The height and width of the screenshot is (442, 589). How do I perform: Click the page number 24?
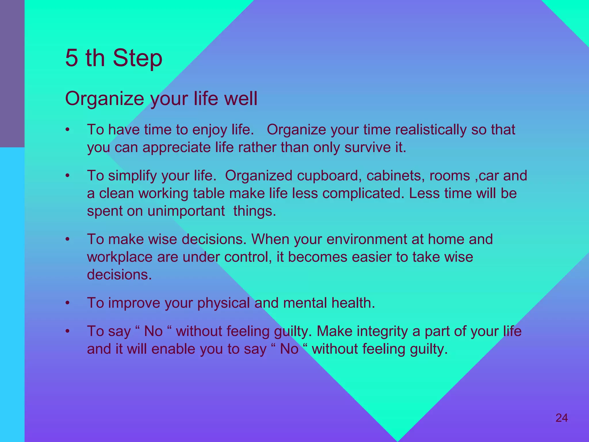pos(561,418)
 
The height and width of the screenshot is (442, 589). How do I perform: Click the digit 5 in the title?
pos(72,58)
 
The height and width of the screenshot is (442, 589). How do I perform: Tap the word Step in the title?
pos(137,58)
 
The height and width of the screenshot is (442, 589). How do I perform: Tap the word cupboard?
pos(329,176)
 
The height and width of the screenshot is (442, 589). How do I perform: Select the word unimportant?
pos(186,211)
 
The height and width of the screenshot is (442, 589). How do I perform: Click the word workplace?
pos(120,257)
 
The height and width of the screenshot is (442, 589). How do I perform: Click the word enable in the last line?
pos(173,349)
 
